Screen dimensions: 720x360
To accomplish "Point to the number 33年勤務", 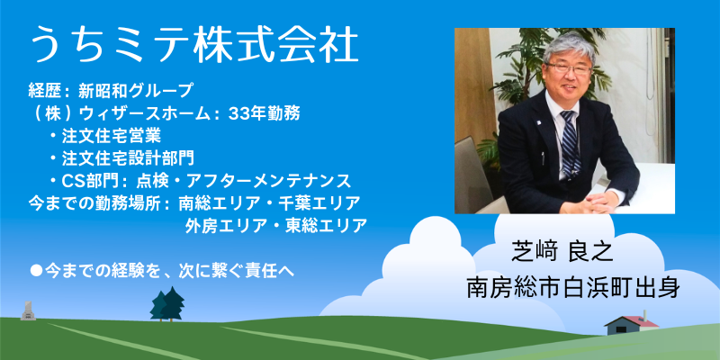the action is point(264,113).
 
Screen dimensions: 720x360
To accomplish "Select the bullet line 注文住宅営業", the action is point(111,136).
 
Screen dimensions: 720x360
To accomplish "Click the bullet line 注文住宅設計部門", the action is point(128,158).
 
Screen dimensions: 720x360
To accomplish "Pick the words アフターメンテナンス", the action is point(268,181).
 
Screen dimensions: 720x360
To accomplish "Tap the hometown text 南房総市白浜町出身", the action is point(573,288).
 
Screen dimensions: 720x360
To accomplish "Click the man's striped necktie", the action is point(570,143).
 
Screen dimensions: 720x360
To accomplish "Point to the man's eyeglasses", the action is point(568,68).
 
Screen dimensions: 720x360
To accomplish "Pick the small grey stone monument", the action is point(29,310).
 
